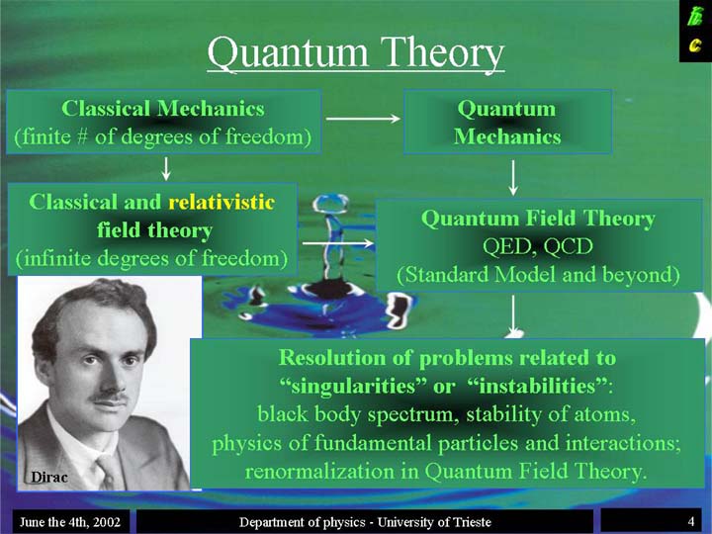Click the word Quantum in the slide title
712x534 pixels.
click(287, 54)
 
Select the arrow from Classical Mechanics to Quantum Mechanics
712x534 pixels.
click(363, 119)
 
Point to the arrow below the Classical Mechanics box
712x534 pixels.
click(166, 168)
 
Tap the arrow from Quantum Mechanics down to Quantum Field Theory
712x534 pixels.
click(513, 178)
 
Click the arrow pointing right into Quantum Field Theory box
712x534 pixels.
click(338, 244)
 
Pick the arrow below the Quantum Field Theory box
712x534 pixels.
click(513, 315)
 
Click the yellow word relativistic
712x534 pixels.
click(222, 202)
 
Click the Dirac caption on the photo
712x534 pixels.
click(49, 477)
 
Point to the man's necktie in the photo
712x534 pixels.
click(108, 473)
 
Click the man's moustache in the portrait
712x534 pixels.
click(109, 397)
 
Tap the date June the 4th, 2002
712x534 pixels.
click(70, 522)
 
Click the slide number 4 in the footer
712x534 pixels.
click(690, 521)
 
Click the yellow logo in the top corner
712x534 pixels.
click(695, 31)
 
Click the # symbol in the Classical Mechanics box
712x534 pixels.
click(82, 137)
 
